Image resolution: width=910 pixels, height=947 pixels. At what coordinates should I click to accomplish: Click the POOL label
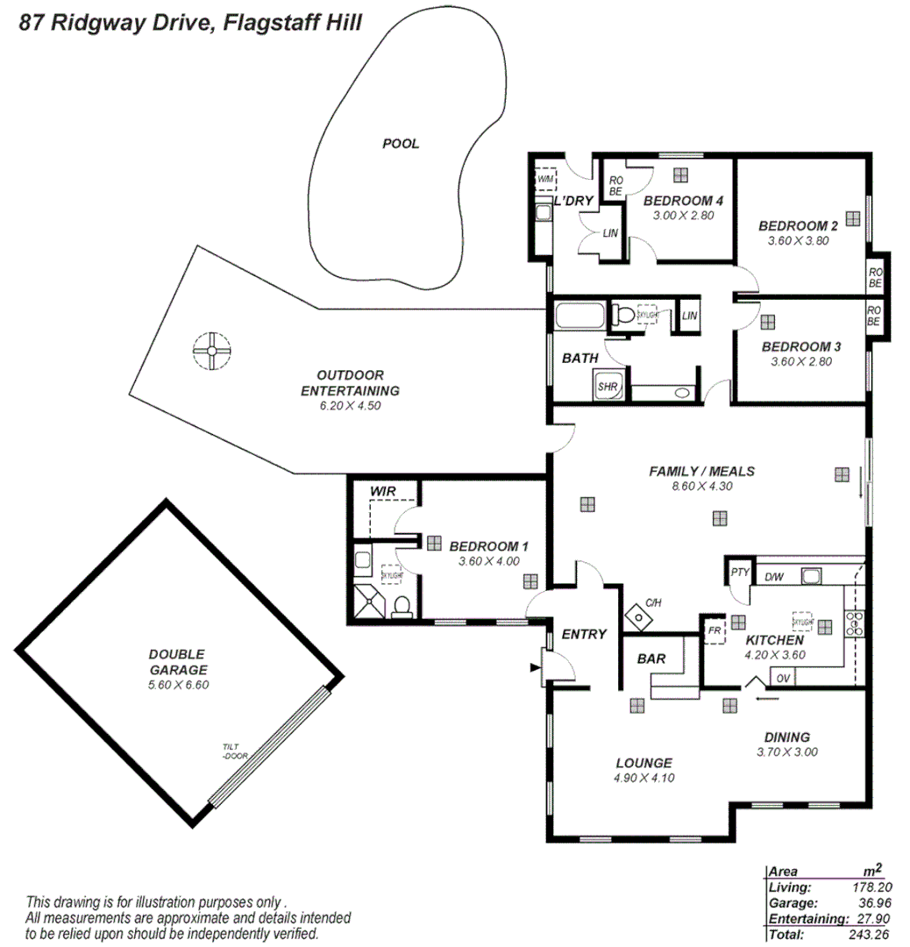click(x=401, y=144)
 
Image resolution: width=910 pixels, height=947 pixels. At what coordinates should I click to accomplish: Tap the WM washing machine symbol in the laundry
click(x=545, y=178)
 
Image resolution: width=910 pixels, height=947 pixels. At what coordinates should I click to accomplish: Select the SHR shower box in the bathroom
click(x=608, y=386)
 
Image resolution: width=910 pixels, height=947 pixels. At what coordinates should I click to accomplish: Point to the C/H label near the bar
click(x=653, y=602)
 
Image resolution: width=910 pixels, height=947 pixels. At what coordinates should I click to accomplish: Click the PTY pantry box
click(x=739, y=573)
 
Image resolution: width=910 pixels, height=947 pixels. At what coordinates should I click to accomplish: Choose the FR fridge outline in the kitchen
click(x=714, y=630)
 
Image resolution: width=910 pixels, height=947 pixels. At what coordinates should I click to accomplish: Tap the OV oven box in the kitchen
click(x=783, y=678)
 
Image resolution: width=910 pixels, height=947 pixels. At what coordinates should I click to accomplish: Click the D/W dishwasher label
click(x=774, y=577)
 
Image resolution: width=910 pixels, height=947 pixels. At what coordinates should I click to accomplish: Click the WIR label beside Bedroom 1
click(x=382, y=492)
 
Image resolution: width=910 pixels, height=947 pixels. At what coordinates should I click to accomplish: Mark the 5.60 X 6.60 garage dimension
click(x=179, y=685)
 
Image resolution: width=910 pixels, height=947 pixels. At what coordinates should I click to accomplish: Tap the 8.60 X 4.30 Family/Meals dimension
click(x=701, y=487)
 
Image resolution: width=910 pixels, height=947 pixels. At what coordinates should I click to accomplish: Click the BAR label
click(x=651, y=659)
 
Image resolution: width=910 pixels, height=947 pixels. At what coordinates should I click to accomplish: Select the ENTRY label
click(x=584, y=634)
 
